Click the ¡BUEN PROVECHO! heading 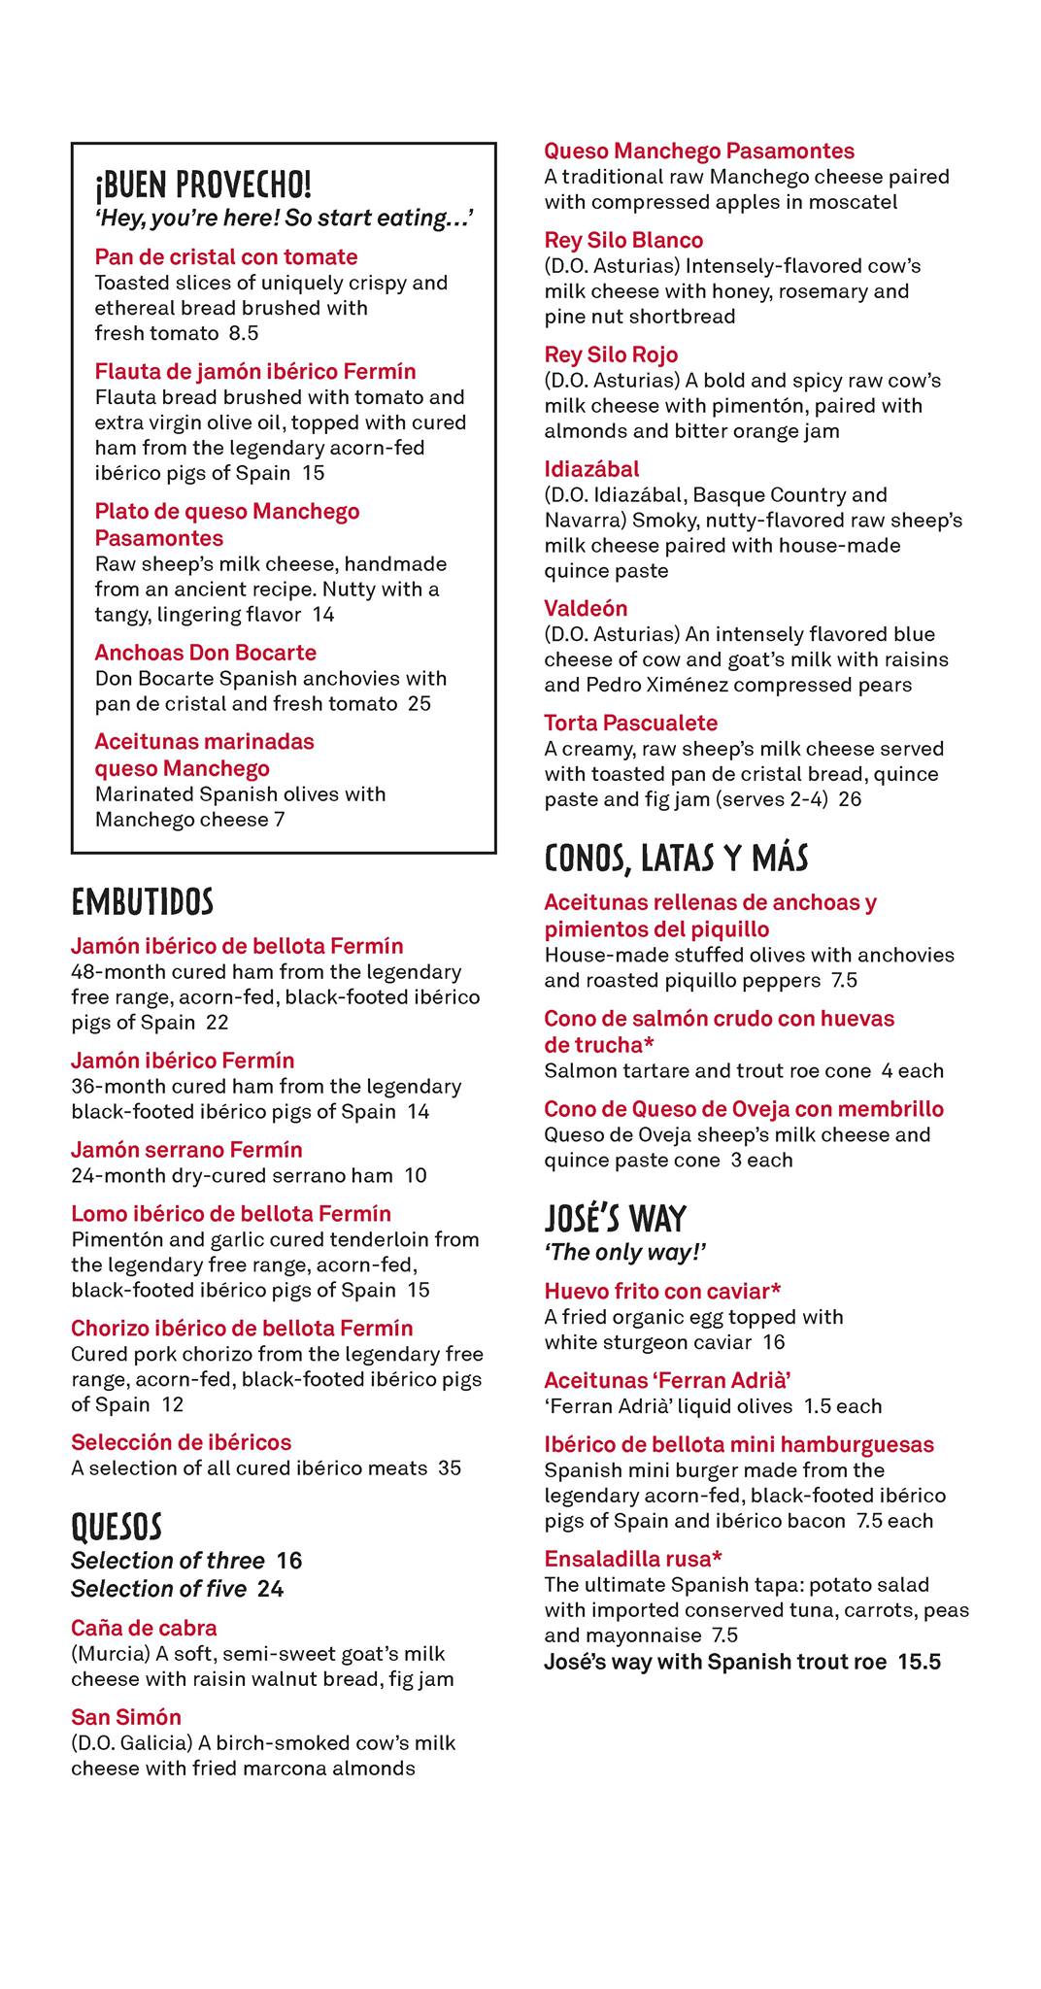(x=203, y=184)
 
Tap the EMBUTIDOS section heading (x=142, y=902)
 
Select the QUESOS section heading (x=117, y=1527)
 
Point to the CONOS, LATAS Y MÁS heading (x=676, y=858)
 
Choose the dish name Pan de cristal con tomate (x=226, y=257)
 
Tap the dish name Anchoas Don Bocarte (x=206, y=653)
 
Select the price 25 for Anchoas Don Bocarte (x=420, y=703)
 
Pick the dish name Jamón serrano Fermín (x=186, y=1150)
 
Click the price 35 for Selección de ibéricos (x=450, y=1467)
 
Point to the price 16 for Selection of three (x=289, y=1561)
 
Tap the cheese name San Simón (x=126, y=1717)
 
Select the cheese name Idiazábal (x=591, y=469)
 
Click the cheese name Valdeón (x=586, y=609)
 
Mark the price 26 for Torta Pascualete (x=850, y=799)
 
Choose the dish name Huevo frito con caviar (x=662, y=1291)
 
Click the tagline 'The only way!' (x=624, y=1252)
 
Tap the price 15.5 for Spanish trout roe (x=919, y=1662)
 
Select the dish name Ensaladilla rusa (x=632, y=1559)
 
